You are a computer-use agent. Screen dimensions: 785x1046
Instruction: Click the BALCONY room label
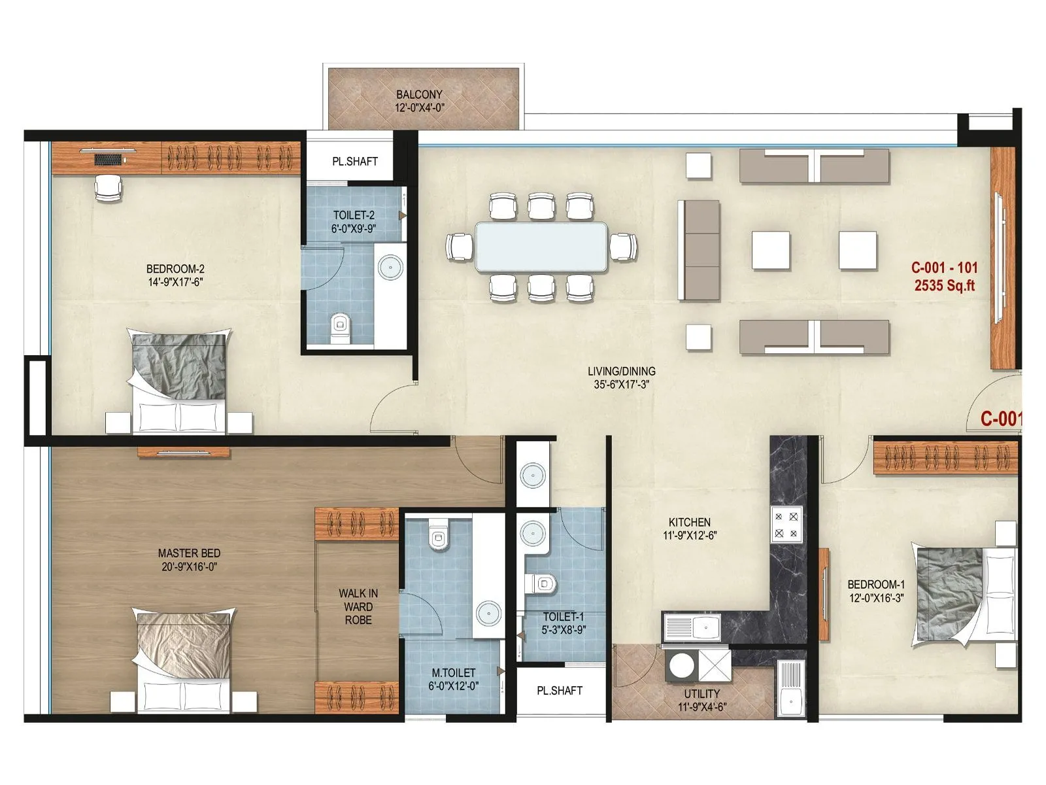pos(419,94)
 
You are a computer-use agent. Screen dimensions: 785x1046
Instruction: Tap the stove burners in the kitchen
pos(786,525)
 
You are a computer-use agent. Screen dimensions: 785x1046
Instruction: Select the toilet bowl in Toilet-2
pos(339,325)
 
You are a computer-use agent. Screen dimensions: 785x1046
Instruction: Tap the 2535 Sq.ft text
pos(944,285)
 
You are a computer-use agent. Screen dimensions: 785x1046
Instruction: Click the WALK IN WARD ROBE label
pos(358,606)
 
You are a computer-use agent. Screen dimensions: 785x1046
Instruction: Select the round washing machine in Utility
pos(681,666)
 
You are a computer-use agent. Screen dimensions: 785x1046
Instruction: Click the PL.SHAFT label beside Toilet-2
pos(355,161)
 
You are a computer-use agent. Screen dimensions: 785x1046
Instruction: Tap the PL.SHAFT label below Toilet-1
pos(560,690)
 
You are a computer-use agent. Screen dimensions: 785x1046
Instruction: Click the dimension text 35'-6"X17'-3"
pos(621,385)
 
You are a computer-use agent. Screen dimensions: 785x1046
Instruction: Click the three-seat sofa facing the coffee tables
pos(699,250)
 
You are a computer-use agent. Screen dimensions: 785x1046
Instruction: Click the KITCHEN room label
pos(689,522)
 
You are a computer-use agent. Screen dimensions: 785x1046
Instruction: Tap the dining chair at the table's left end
pos(460,247)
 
